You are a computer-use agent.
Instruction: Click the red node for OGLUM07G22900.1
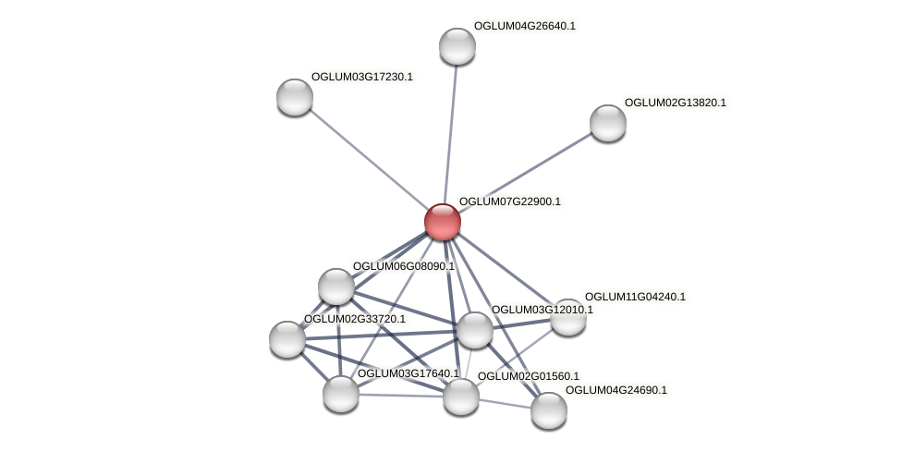pos(443,222)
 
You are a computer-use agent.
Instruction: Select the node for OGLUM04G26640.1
pos(457,46)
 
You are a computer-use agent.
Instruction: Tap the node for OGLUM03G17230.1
pos(295,97)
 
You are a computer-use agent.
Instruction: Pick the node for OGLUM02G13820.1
pos(608,123)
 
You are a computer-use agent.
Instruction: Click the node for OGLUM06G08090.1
pos(336,287)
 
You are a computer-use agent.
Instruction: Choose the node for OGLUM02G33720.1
pos(287,339)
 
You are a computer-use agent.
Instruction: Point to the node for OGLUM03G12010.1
pos(475,330)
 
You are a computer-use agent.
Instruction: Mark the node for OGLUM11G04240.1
pos(568,317)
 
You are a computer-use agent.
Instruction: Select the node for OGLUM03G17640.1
pos(341,394)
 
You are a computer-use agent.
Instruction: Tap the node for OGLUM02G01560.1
pos(461,397)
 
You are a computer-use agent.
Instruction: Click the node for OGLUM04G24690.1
pos(549,410)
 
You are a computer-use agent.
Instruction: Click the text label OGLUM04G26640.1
pos(524,26)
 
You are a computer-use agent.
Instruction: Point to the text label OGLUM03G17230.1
pos(361,77)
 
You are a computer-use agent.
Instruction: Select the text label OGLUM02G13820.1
pos(675,103)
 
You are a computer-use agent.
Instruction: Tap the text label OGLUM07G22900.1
pos(509,202)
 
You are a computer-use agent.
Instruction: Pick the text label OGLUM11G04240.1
pos(635,297)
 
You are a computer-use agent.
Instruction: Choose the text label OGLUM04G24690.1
pos(616,390)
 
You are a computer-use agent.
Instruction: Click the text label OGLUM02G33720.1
pos(354,319)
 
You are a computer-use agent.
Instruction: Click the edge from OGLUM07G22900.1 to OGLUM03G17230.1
pos(369,159)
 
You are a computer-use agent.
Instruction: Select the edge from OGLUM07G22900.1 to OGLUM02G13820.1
pos(525,173)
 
